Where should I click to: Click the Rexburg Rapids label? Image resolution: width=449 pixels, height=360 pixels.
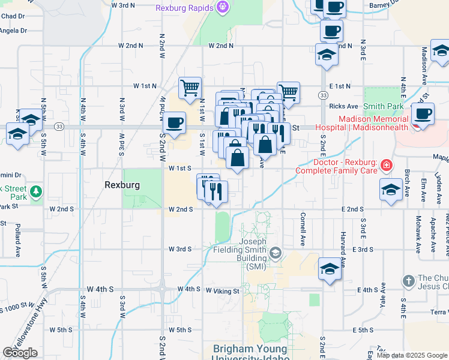tap(185, 8)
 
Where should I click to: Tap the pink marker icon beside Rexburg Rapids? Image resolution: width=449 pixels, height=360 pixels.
tap(223, 8)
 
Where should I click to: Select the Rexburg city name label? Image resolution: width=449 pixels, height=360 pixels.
tap(122, 185)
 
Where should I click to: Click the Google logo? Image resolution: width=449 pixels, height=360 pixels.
tap(20, 353)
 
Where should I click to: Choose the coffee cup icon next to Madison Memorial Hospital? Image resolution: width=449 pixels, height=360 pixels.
tap(422, 114)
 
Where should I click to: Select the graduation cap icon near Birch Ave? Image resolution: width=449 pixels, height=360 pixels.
tap(391, 190)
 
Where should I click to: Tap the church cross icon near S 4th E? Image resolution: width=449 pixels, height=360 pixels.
tap(408, 280)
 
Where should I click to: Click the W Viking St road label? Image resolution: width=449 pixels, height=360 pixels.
tap(223, 291)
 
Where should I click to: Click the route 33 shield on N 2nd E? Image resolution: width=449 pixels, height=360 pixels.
tap(323, 95)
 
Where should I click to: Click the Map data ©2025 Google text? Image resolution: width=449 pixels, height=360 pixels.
tap(412, 355)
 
